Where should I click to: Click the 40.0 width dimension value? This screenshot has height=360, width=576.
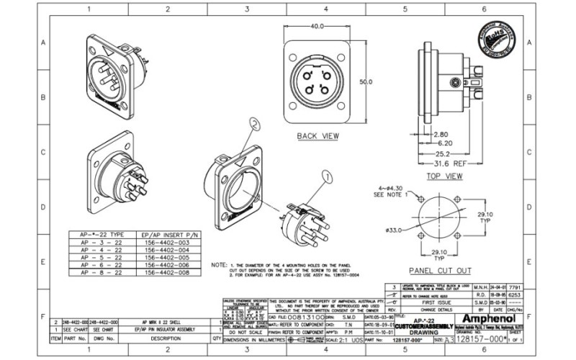click(317, 26)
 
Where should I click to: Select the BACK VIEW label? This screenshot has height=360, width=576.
click(318, 135)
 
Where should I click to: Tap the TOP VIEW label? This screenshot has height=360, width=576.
click(444, 175)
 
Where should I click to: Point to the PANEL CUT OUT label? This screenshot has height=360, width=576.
click(440, 271)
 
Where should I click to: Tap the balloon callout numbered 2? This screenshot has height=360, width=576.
click(254, 123)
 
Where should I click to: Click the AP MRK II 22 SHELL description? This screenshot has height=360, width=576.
click(160, 321)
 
